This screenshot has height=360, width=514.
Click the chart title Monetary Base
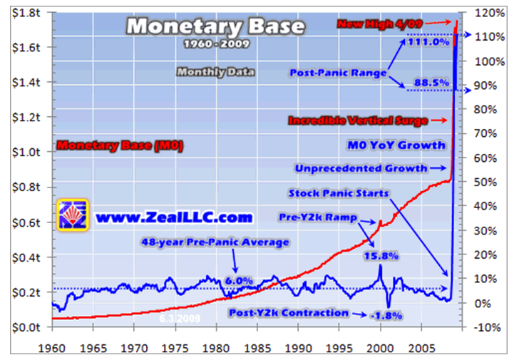215,27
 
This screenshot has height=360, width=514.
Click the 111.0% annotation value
428,42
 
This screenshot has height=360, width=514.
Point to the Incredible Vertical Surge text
358,120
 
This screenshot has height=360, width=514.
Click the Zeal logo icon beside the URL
72,215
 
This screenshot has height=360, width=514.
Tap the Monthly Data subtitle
215,71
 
